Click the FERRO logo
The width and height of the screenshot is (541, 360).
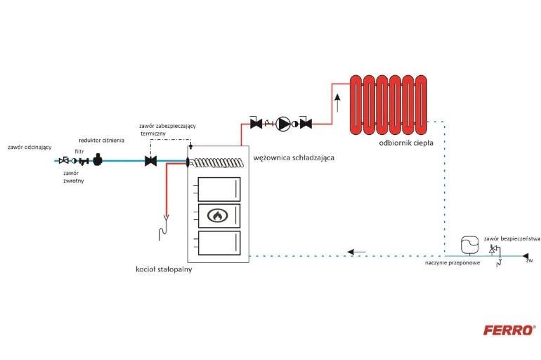click(x=509, y=330)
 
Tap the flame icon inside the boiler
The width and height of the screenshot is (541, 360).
click(x=217, y=216)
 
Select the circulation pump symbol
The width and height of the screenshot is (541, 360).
click(x=283, y=124)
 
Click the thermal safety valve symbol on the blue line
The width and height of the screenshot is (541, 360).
click(x=151, y=161)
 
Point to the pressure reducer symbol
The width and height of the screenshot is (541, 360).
click(x=98, y=160)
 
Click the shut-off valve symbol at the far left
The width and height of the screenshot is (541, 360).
click(x=63, y=160)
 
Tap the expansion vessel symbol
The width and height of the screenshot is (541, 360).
click(x=470, y=245)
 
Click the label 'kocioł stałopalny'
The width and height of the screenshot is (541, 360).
click(x=164, y=269)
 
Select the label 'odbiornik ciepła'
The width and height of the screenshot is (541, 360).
click(x=406, y=143)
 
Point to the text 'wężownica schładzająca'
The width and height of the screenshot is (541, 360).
click(x=294, y=157)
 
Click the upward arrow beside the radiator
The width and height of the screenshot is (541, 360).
click(x=337, y=103)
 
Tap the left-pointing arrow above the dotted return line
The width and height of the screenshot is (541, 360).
click(x=356, y=252)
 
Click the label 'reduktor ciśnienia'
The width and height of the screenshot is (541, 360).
click(x=101, y=141)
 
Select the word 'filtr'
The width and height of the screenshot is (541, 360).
click(x=79, y=152)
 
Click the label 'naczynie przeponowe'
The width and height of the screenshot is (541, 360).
click(x=452, y=263)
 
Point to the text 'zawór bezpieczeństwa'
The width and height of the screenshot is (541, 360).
click(x=512, y=238)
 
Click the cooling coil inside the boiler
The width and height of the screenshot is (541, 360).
click(x=217, y=162)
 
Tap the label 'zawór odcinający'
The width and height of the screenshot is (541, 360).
click(x=30, y=147)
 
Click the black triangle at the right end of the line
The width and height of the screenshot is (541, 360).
click(x=525, y=256)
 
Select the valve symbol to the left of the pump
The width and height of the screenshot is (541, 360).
click(x=256, y=123)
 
